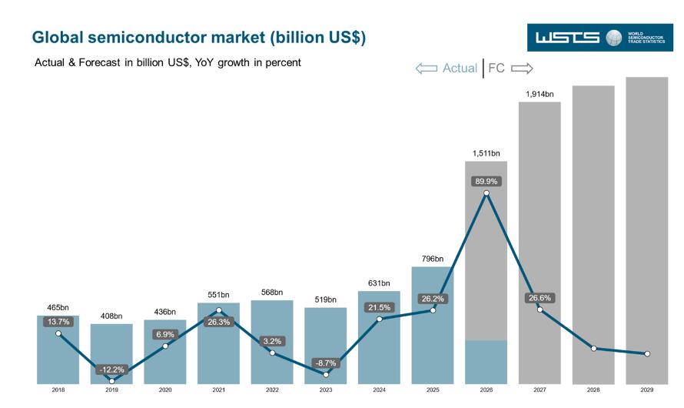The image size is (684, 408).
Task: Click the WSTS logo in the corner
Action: tap(599, 38)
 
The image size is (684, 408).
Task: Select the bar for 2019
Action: tap(111, 354)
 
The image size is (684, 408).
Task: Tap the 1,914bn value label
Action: tap(540, 94)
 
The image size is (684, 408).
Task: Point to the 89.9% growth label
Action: tap(486, 181)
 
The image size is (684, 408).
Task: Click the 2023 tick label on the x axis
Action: tap(325, 390)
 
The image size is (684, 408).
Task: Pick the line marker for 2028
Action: tap(593, 348)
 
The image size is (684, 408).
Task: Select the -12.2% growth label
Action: tap(112, 370)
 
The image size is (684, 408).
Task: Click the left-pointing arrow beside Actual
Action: tap(427, 69)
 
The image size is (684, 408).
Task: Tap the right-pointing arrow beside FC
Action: tap(522, 69)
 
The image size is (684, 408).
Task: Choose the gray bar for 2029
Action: tap(646, 231)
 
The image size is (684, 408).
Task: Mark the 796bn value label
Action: tap(432, 259)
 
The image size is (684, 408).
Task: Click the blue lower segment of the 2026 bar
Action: tap(486, 362)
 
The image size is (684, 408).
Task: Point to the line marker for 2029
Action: tap(647, 354)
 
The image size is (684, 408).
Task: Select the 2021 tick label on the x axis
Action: tap(218, 390)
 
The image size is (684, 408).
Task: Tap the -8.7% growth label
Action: tap(326, 363)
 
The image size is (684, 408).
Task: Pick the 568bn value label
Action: tap(272, 293)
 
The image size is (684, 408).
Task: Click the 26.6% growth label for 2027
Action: tap(540, 298)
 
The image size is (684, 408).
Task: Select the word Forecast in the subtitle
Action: tap(99, 62)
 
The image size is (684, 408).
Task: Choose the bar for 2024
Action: tap(379, 338)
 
